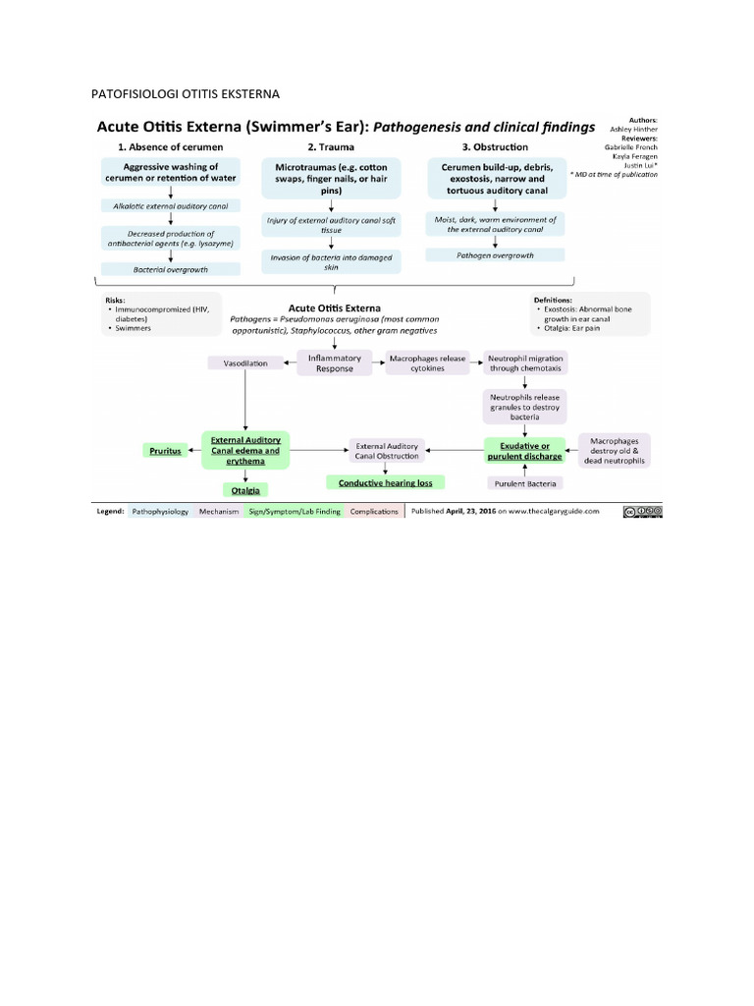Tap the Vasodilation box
pos(244,363)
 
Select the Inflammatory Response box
pos(334,363)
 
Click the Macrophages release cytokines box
pos(427,363)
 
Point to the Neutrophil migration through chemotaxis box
pos(525,363)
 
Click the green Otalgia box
pos(245,488)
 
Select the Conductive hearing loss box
pos(385,482)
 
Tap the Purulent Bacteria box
pos(524,483)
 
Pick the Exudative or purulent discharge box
pos(524,450)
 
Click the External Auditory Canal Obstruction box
pos(386,450)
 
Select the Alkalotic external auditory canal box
pos(171,205)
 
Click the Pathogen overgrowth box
pos(495,254)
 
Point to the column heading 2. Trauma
pos(332,146)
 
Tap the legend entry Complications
pos(374,512)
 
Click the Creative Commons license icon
pos(642,511)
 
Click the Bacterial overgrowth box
pos(171,268)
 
